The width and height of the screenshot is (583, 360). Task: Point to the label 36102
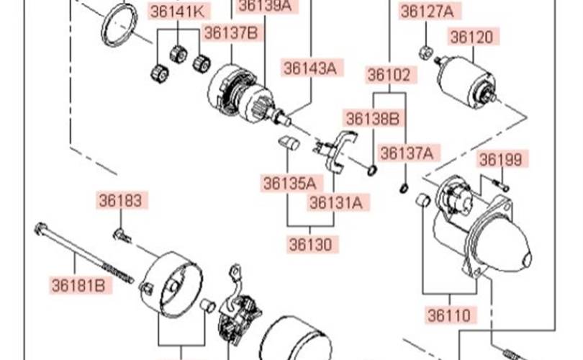pyautogui.click(x=389, y=75)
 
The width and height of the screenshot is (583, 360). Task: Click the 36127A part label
pyautogui.click(x=428, y=11)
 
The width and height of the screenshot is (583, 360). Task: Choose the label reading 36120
pyautogui.click(x=472, y=37)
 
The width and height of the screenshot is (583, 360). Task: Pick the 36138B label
pyautogui.click(x=373, y=118)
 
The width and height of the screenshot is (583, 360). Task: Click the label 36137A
pyautogui.click(x=407, y=153)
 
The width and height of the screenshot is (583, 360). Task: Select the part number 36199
pyautogui.click(x=501, y=159)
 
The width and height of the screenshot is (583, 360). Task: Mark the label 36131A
pyautogui.click(x=336, y=202)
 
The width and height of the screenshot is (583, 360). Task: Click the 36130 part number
pyautogui.click(x=312, y=244)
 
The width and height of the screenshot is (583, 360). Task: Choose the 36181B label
pyautogui.click(x=78, y=285)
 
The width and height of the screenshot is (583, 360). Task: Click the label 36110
pyautogui.click(x=450, y=315)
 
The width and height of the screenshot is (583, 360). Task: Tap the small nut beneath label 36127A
pyautogui.click(x=425, y=52)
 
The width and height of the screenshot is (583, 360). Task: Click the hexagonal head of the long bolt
pyautogui.click(x=40, y=230)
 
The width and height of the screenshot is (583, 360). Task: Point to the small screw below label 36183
pyautogui.click(x=120, y=233)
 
